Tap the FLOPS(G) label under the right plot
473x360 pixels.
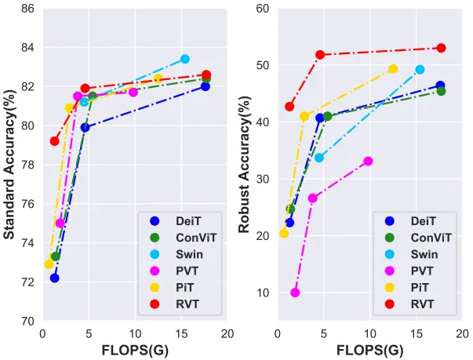coord(369,351)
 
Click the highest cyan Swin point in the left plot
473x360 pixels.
coord(185,59)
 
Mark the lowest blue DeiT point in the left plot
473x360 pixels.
coord(54,278)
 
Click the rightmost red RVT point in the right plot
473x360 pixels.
coord(441,48)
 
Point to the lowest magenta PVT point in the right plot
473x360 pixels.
coord(295,293)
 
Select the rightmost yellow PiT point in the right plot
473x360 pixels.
coord(393,69)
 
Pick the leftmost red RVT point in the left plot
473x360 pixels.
coord(55,141)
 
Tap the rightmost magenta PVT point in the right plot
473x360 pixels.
coord(368,161)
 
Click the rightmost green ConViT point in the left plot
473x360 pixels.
coord(206,78)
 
